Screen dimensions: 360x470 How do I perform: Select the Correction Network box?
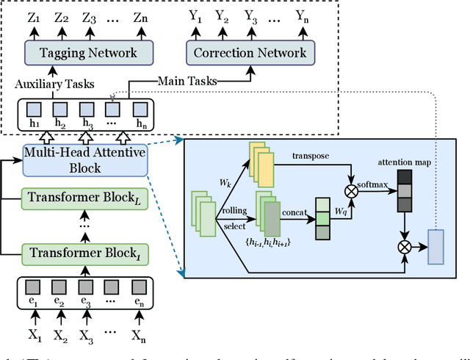pos(250,52)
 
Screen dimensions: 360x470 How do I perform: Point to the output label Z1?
pos(33,15)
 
